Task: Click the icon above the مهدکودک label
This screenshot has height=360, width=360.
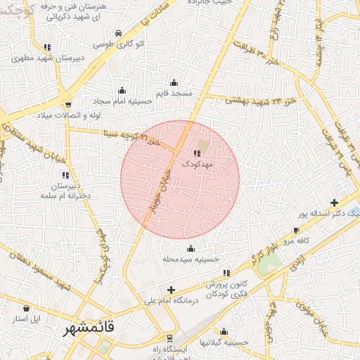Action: click(x=196, y=153)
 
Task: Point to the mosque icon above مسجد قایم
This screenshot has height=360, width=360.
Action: click(x=174, y=83)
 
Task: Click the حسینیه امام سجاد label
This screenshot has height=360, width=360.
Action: click(x=122, y=101)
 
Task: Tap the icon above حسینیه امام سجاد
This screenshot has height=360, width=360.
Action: click(x=122, y=90)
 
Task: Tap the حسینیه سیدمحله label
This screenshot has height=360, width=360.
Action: click(x=191, y=259)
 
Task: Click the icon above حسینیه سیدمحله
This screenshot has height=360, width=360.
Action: click(x=191, y=248)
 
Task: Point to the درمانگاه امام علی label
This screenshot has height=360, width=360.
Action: click(x=172, y=300)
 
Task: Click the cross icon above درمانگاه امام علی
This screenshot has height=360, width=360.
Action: click(x=171, y=290)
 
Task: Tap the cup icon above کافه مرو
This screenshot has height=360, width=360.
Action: click(x=296, y=231)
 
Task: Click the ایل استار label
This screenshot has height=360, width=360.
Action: click(x=27, y=319)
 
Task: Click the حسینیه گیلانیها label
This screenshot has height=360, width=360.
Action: click(x=224, y=342)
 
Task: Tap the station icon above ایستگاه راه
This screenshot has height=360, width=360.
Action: click(x=167, y=339)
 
